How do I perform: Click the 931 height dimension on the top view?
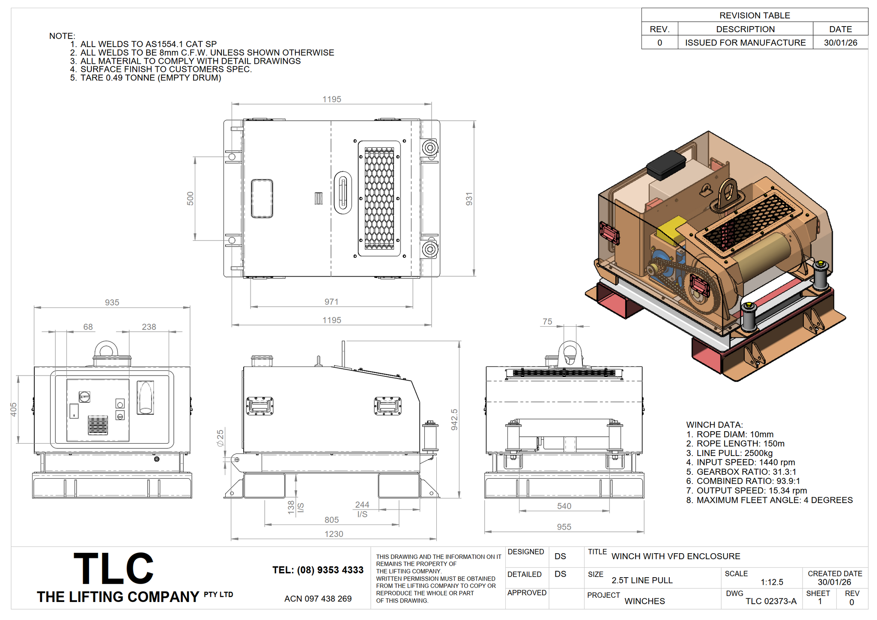tap(469, 199)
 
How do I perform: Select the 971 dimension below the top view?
tap(331, 302)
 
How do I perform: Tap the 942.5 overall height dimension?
tap(454, 420)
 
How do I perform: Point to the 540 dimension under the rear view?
tap(564, 506)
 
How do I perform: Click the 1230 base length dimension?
tap(334, 534)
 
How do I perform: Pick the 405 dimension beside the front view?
tap(14, 409)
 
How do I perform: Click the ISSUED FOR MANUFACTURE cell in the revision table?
tap(745, 43)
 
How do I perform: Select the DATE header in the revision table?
tap(840, 29)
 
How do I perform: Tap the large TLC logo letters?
tap(113, 568)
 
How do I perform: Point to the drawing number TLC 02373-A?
tap(771, 601)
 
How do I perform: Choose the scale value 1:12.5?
tap(772, 582)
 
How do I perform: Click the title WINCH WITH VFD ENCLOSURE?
tap(676, 556)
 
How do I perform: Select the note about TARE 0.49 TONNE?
tap(146, 78)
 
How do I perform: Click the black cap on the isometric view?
tap(666, 165)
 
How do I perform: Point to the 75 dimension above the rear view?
tap(547, 322)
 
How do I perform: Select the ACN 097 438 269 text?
tap(318, 599)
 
